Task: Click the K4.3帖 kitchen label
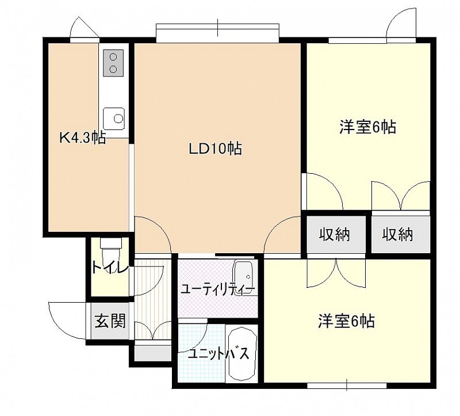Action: [x=83, y=138]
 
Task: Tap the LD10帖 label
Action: [x=215, y=148]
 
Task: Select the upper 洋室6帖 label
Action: [x=368, y=127]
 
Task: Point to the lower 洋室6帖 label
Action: [x=347, y=321]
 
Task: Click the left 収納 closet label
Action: [x=335, y=235]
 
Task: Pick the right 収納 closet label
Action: [x=397, y=235]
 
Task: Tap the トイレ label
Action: [x=110, y=267]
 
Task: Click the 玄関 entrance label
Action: [x=110, y=320]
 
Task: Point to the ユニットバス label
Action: [x=218, y=354]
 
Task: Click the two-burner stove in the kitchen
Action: [x=113, y=63]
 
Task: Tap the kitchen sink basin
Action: [x=114, y=119]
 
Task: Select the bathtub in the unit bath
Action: [x=242, y=353]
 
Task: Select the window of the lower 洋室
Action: [x=347, y=385]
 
